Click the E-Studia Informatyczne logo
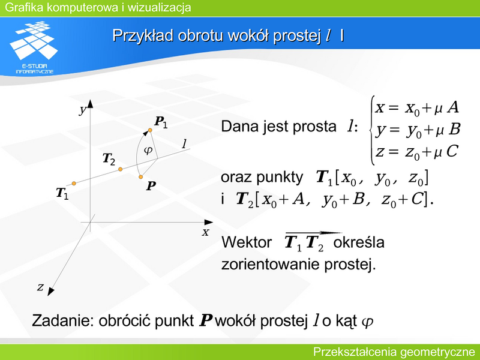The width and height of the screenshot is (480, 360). (34, 47)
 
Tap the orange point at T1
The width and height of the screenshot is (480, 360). (74, 184)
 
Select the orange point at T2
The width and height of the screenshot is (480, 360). (121, 169)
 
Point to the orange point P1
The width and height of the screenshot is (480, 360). (150, 130)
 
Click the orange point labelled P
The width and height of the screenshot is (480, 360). (140, 177)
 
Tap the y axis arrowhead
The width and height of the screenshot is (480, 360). (90, 103)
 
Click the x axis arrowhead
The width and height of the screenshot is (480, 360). (209, 222)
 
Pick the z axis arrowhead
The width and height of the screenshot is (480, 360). (50, 292)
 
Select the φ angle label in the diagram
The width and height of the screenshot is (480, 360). (148, 151)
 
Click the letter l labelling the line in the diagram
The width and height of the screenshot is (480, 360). (184, 143)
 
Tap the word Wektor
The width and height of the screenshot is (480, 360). (246, 242)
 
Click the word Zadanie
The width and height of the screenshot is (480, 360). (63, 320)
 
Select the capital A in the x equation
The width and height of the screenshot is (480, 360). (453, 107)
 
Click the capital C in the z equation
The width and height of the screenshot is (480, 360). (452, 151)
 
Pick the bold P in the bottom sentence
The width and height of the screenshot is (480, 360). (206, 320)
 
